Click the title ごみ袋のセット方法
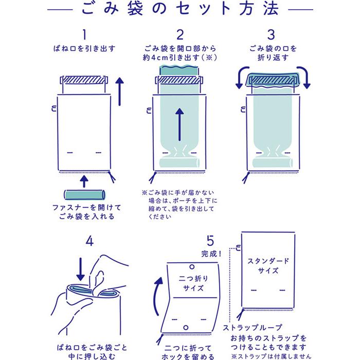(179, 10)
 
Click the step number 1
(84, 34)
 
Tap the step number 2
(179, 34)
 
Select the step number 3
(271, 34)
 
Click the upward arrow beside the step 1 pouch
(120, 91)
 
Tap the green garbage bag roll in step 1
(84, 195)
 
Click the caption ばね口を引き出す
(84, 49)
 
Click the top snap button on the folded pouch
(191, 267)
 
